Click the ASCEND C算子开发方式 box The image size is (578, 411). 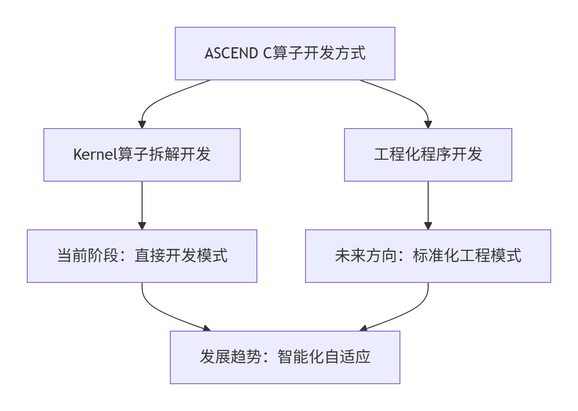click(285, 53)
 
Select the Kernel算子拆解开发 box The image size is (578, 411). click(142, 155)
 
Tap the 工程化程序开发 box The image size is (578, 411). click(428, 155)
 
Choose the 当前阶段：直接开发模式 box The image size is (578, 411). click(142, 256)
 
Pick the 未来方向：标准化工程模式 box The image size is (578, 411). click(428, 256)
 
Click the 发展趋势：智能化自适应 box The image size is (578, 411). click(285, 357)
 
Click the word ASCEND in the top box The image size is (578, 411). click(232, 53)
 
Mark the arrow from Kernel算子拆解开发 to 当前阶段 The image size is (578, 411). click(142, 205)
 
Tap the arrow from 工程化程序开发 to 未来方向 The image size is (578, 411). click(428, 205)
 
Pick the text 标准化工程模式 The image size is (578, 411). click(467, 256)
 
